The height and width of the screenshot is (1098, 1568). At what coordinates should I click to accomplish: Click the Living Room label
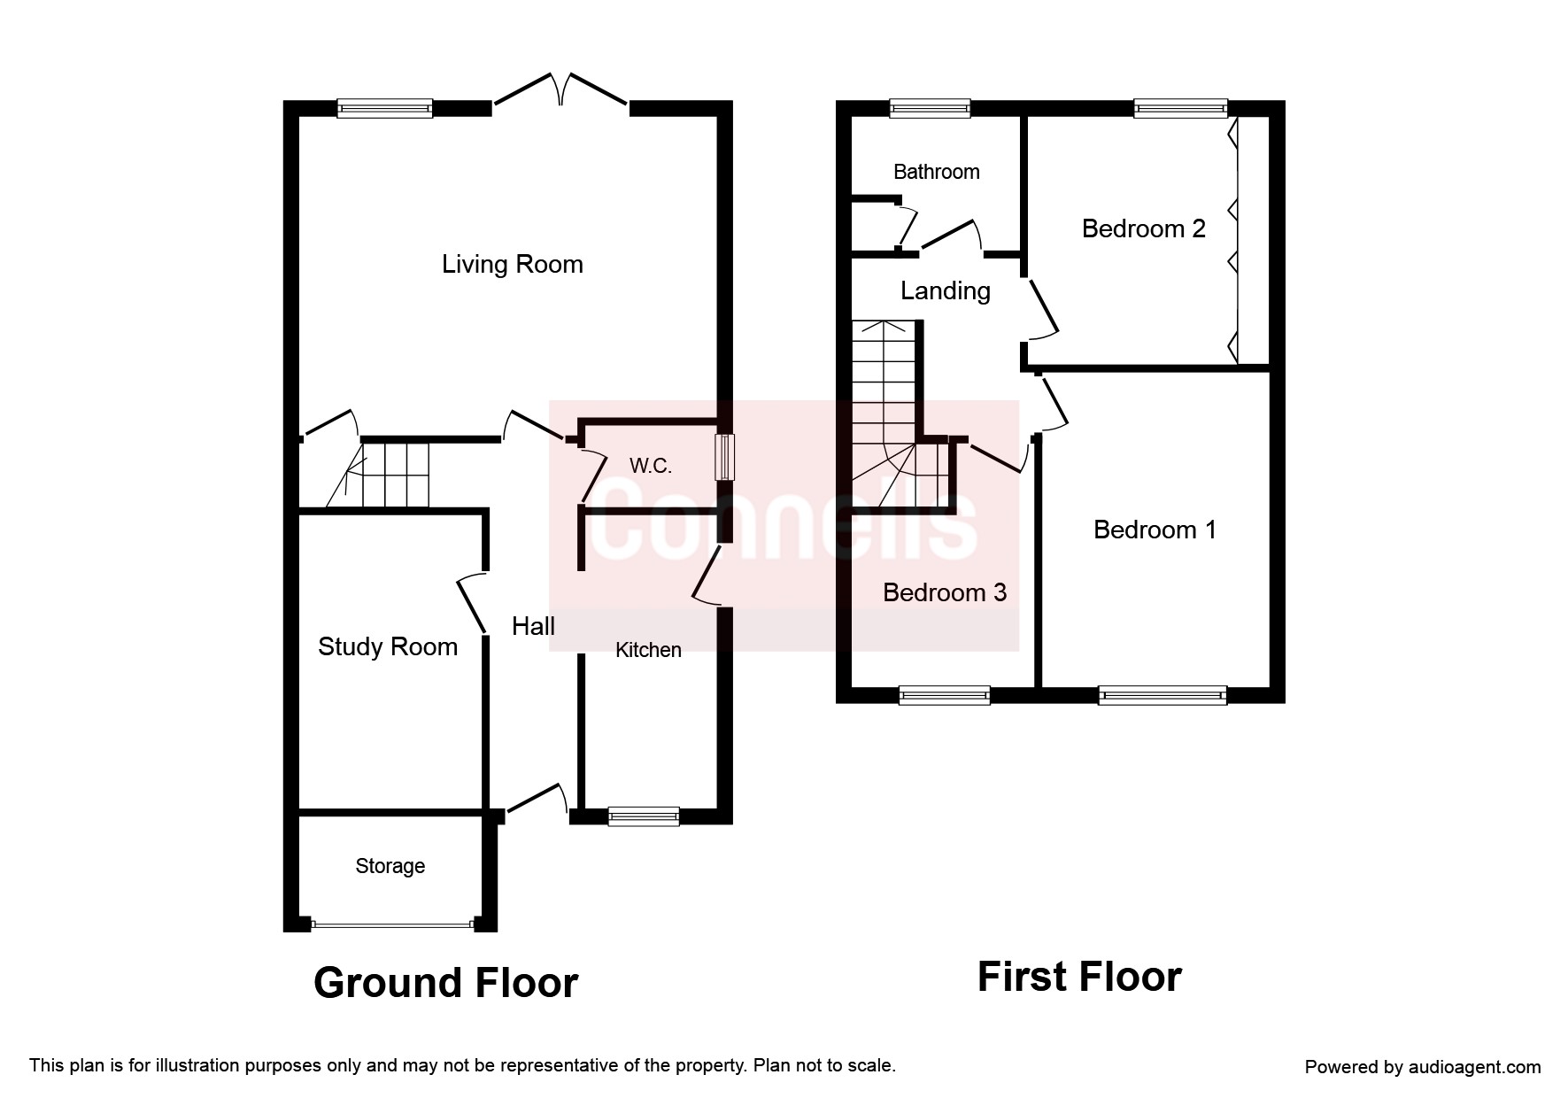(513, 264)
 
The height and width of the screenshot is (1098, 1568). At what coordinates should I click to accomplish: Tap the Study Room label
(388, 647)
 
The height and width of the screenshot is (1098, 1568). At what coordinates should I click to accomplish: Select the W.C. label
(651, 466)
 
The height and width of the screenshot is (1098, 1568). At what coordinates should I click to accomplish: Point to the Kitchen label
(648, 650)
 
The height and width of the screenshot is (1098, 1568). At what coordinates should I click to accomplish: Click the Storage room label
(390, 866)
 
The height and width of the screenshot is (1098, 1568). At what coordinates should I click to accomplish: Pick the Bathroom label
(937, 172)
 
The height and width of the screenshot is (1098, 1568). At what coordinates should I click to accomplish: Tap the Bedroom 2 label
(1144, 228)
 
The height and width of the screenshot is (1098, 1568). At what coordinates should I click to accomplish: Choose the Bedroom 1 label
(1155, 530)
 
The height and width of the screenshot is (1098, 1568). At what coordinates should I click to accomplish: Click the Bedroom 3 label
(945, 592)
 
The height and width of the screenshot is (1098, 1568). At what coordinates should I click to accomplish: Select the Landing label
(946, 290)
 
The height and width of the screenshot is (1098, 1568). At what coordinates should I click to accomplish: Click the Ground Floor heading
(446, 983)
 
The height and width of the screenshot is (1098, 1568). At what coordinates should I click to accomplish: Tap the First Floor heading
(1079, 977)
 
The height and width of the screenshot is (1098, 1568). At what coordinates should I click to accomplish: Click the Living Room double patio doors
(561, 92)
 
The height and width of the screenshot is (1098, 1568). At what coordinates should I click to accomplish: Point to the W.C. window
(724, 458)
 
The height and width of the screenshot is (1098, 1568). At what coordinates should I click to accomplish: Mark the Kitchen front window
(644, 816)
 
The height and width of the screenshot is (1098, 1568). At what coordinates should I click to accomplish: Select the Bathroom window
(930, 109)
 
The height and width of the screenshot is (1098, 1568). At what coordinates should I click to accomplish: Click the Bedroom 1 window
(1162, 695)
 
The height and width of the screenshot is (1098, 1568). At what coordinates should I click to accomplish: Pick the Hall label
(534, 627)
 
